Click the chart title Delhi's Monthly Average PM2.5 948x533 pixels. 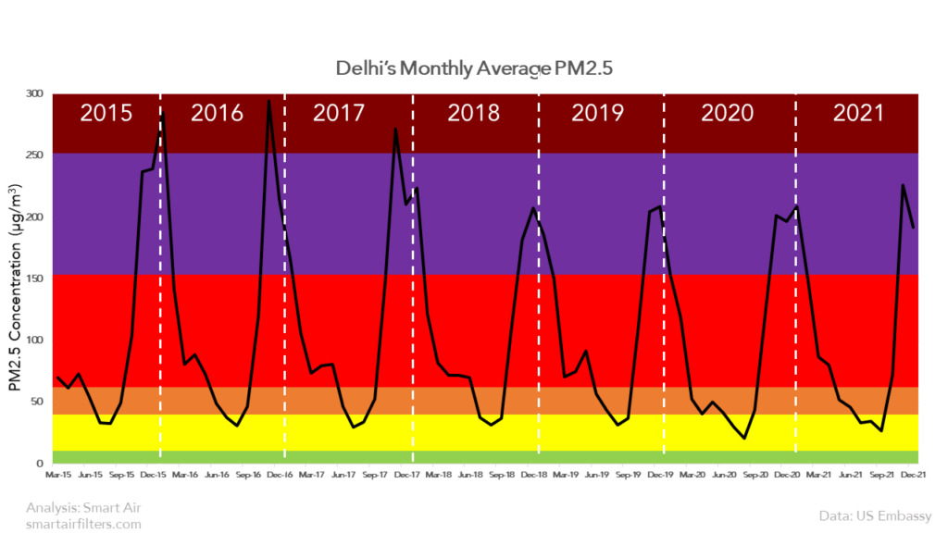click(x=473, y=70)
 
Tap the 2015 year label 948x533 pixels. click(x=106, y=114)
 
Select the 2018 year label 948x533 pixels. click(x=474, y=114)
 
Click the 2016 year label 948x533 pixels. click(x=217, y=114)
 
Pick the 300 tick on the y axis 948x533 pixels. click(x=34, y=93)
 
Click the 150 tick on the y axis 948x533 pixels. click(x=34, y=278)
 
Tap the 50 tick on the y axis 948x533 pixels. click(x=37, y=401)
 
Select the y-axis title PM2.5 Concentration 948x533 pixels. click(x=17, y=287)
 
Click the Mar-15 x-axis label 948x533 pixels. click(x=58, y=475)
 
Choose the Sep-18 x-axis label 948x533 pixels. click(x=502, y=475)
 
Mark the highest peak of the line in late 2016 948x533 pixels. click(x=268, y=101)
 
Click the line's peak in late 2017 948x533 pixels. click(x=395, y=129)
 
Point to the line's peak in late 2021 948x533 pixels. click(x=903, y=185)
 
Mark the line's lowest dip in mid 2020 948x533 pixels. click(x=744, y=438)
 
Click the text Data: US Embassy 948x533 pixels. click(x=875, y=514)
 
